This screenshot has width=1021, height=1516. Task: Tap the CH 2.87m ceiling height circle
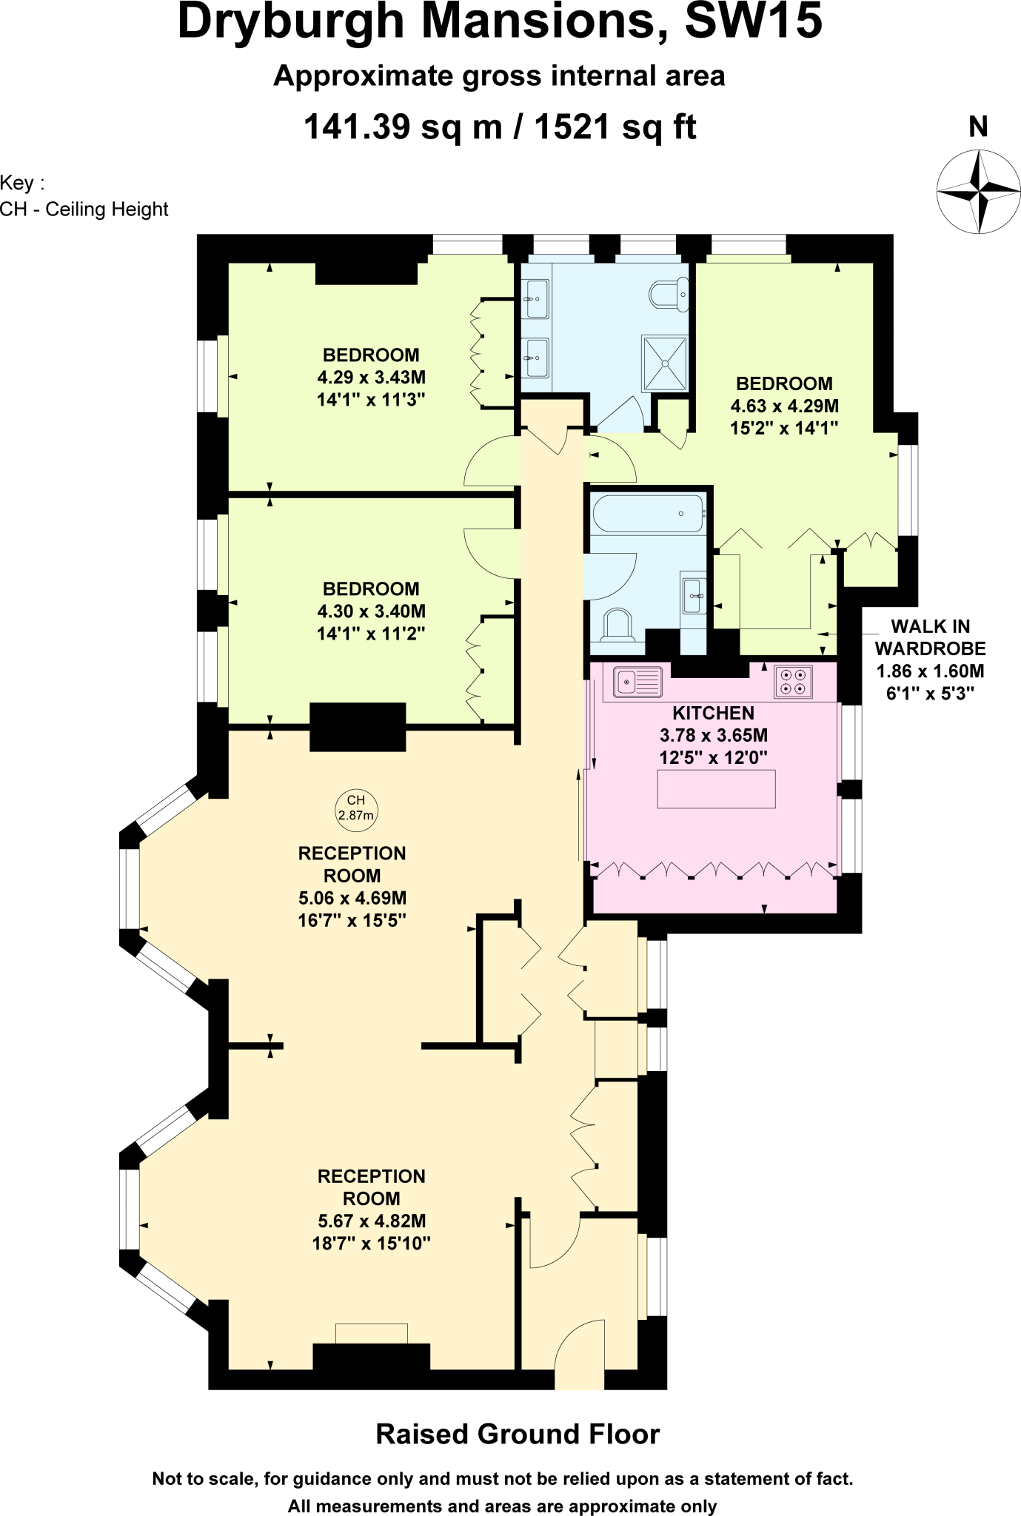point(356,808)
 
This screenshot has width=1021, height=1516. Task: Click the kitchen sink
point(637,680)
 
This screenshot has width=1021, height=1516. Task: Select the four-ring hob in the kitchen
point(794,681)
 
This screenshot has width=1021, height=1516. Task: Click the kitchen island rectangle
point(716,788)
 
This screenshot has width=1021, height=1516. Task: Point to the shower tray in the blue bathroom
point(665,363)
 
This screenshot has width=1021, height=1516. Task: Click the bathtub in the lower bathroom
point(648,513)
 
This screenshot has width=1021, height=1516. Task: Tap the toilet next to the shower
point(669,294)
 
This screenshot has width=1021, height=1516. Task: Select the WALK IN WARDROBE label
point(930,637)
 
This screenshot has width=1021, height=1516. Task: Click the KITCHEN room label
point(713,713)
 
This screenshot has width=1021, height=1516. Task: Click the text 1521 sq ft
point(615,127)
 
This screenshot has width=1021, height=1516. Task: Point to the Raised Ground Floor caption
point(518,1434)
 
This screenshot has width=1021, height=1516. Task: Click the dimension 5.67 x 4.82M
point(371,1221)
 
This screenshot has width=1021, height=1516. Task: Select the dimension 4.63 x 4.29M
point(784,406)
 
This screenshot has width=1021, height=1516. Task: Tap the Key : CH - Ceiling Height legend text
point(84,196)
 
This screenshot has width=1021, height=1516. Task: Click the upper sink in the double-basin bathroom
point(535,299)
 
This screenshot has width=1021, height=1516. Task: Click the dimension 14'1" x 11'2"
point(371,634)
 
